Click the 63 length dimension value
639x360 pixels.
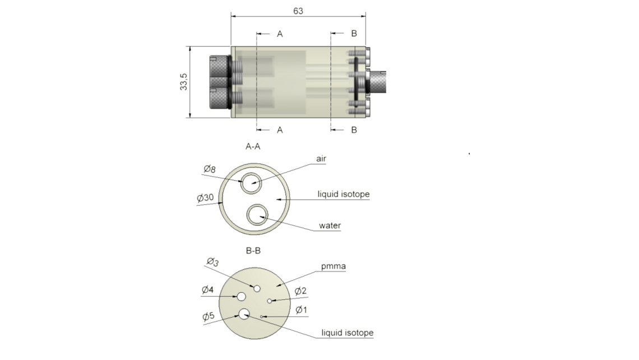point(298,11)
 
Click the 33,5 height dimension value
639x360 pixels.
point(184,81)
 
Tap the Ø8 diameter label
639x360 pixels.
point(210,169)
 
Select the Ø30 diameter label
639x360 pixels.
point(205,198)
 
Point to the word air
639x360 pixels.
point(321,159)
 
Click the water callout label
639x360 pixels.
point(330,225)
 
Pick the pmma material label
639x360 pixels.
point(334,266)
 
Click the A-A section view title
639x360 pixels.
point(253,146)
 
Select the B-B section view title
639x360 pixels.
point(253,251)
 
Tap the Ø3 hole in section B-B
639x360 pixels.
point(257,289)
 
